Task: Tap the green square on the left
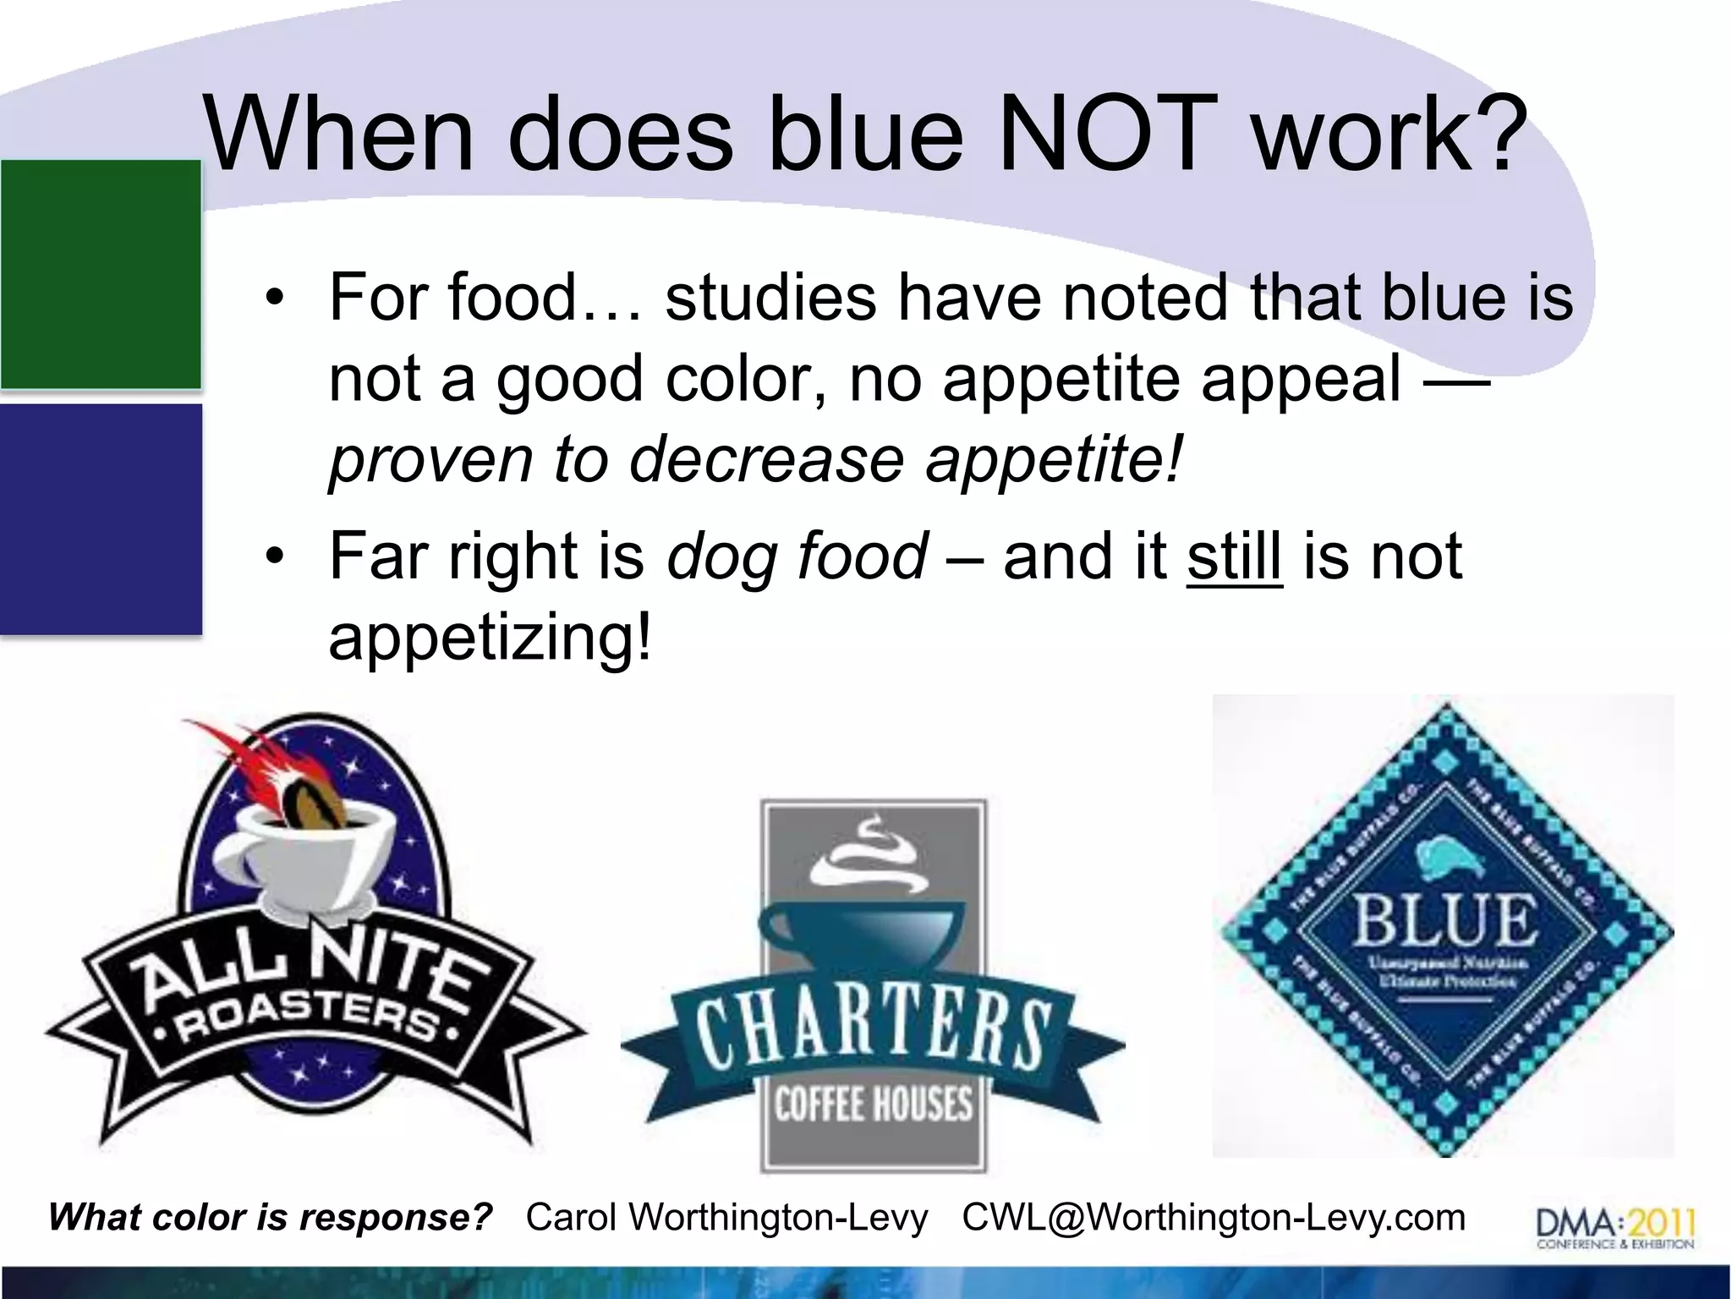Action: tap(101, 274)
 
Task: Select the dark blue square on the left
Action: tap(101, 518)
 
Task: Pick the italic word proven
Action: tap(430, 461)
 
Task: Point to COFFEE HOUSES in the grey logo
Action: tap(874, 1104)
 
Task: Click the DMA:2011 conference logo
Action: tap(1614, 1227)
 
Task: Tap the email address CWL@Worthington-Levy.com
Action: tap(1214, 1218)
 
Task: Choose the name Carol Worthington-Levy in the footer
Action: tap(726, 1218)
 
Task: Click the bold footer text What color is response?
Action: tap(270, 1218)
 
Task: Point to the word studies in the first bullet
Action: tap(770, 298)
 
